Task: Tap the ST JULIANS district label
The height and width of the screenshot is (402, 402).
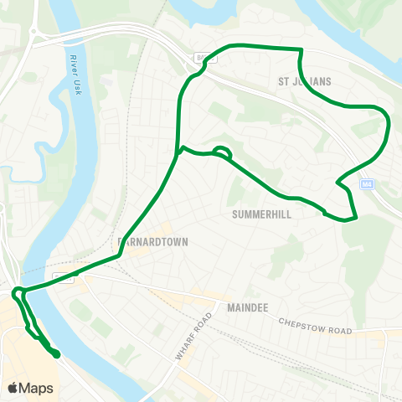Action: [305, 81]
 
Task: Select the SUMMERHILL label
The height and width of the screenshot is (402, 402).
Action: [261, 214]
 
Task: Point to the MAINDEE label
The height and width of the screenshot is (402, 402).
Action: [247, 308]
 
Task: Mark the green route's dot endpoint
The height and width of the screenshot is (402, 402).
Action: [57, 355]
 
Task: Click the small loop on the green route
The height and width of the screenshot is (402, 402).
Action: [222, 152]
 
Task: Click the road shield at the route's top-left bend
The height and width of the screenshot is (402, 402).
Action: [201, 57]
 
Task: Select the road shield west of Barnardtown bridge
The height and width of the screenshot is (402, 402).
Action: [59, 275]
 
